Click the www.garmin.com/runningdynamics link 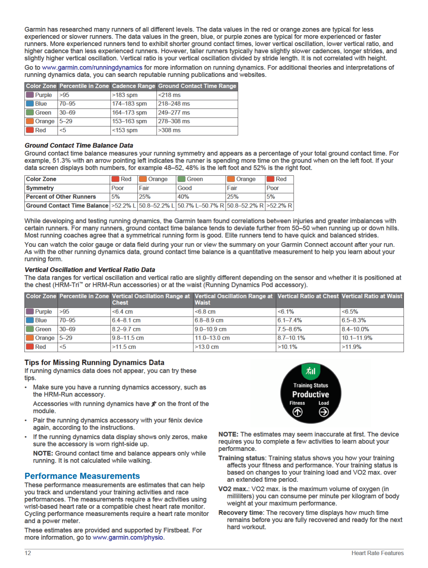[92, 67]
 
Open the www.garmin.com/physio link [128, 537]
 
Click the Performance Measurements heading [82, 476]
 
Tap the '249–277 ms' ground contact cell [174, 113]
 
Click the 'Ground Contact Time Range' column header [197, 86]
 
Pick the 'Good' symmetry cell [185, 188]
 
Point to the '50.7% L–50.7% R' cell [201, 206]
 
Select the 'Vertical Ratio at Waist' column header [372, 296]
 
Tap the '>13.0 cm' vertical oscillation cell [207, 347]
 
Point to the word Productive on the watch [310, 394]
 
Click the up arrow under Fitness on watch [297, 412]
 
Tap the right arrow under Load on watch [323, 412]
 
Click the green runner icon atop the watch [310, 371]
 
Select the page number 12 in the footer [28, 553]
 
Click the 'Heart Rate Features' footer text [377, 553]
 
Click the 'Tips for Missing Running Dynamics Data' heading [94, 363]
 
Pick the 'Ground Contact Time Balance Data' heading [79, 145]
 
